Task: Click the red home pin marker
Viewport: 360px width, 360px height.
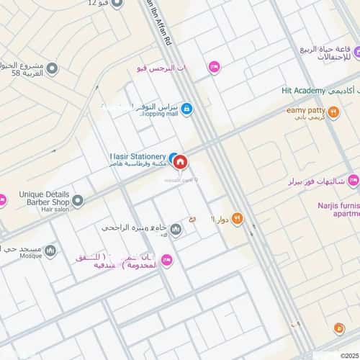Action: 181,162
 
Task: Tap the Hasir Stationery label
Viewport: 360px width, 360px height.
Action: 138,156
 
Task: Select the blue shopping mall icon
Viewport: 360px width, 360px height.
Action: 186,109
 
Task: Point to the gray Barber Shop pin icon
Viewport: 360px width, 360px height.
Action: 78,199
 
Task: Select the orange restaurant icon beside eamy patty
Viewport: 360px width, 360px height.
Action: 333,112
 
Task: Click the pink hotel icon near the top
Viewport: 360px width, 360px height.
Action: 214,67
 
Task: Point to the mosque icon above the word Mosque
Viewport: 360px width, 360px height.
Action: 50,251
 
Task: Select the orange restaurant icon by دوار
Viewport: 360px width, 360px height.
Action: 237,219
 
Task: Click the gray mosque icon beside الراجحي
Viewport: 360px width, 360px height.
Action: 176,229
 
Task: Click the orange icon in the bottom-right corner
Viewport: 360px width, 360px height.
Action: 338,328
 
